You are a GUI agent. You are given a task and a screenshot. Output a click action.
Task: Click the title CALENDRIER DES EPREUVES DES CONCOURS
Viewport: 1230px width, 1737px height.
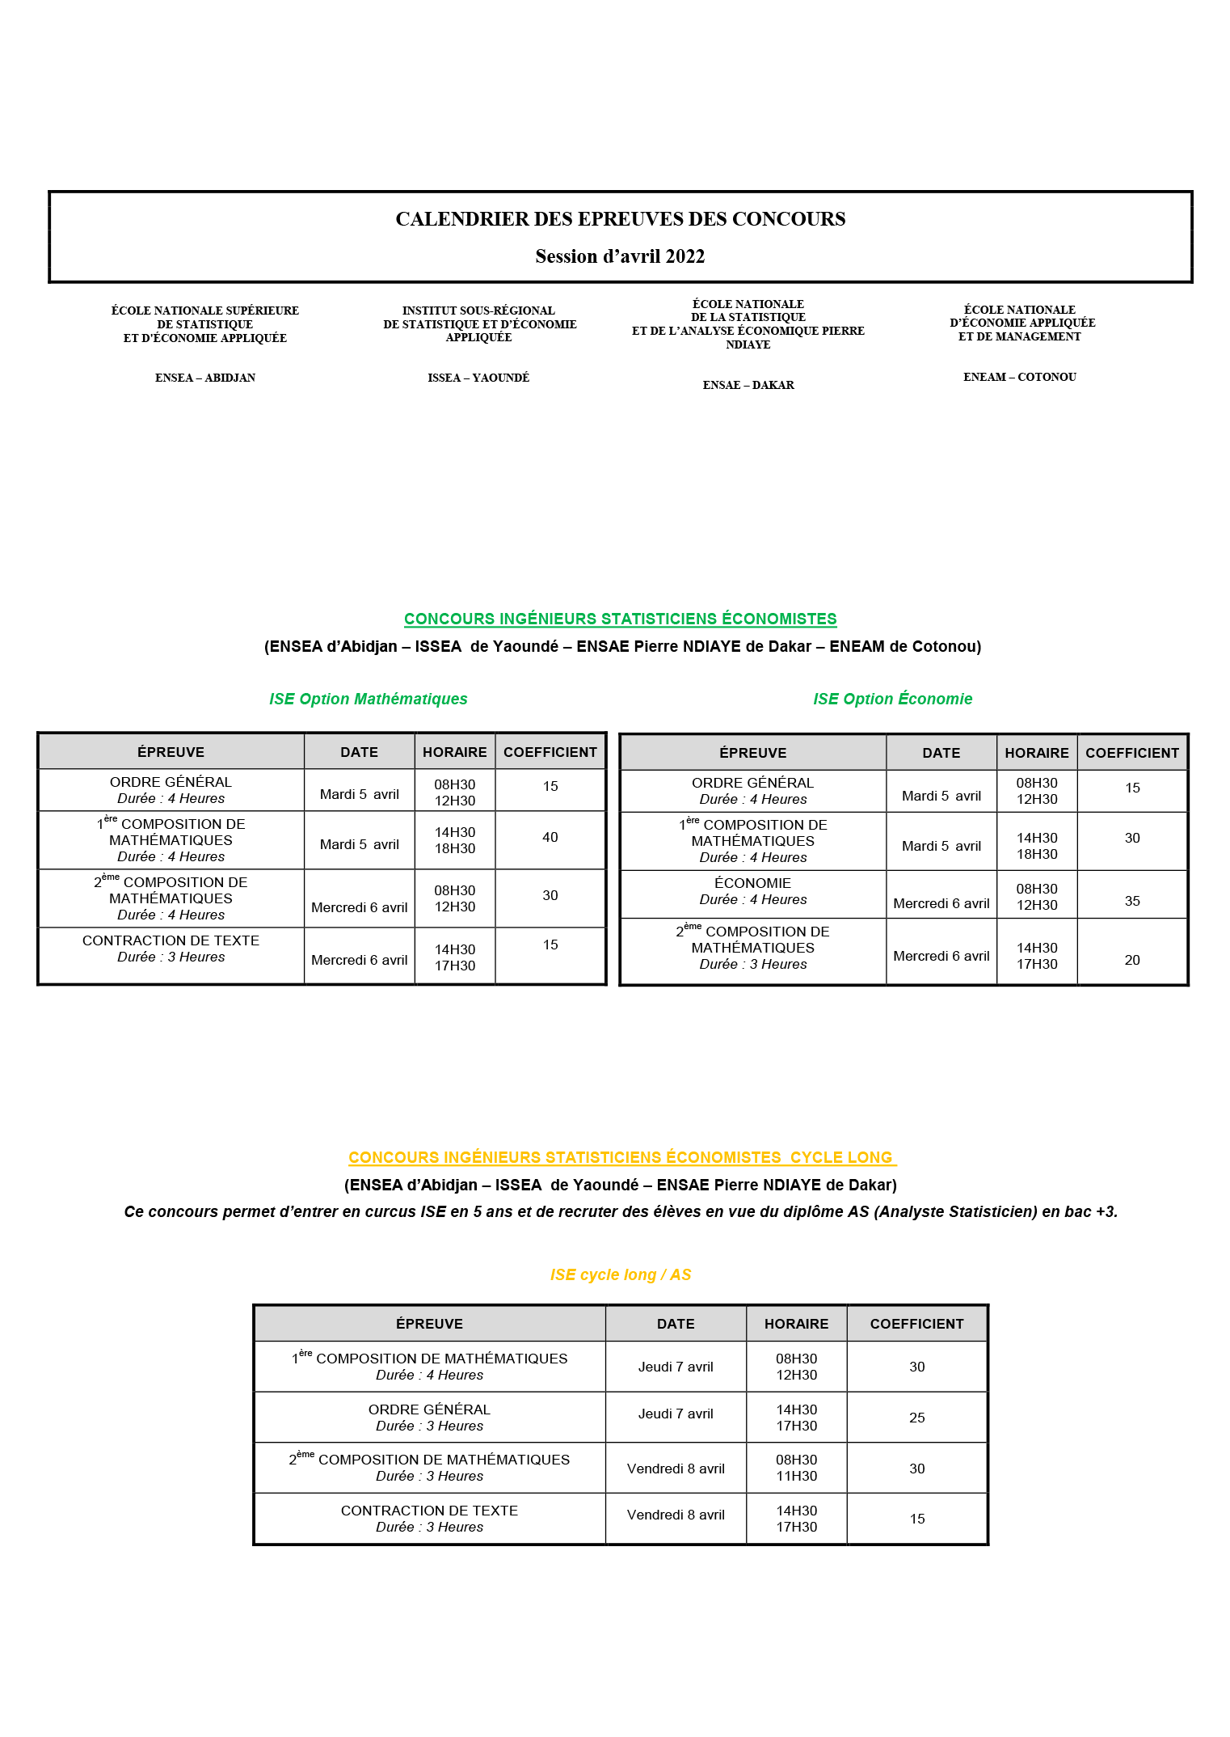620,219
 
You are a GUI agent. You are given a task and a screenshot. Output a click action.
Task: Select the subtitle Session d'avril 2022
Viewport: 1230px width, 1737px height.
620,256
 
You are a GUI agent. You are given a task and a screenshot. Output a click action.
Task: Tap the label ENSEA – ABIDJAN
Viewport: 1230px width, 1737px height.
205,378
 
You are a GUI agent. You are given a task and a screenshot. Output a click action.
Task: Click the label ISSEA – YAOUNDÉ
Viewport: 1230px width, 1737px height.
478,378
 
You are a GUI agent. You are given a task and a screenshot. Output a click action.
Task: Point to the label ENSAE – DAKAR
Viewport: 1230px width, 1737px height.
748,385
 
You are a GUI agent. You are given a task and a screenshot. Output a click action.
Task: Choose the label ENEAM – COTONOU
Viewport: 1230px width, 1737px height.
1020,377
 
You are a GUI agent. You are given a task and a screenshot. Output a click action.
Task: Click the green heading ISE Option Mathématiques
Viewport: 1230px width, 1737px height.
368,699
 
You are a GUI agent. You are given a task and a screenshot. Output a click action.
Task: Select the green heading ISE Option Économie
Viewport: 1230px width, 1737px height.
892,699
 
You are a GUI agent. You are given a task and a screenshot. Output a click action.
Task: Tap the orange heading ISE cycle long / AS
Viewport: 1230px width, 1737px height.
620,1274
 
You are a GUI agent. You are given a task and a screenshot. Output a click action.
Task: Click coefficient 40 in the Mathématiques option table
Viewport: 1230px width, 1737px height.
550,838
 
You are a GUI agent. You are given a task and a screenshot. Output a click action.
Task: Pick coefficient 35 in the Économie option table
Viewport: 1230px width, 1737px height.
1132,901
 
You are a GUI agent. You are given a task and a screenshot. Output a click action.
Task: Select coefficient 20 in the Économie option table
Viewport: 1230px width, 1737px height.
1132,960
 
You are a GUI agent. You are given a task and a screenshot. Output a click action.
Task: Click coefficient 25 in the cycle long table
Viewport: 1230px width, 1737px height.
916,1418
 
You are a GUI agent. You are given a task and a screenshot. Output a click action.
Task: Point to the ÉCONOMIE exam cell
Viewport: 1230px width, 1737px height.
752,891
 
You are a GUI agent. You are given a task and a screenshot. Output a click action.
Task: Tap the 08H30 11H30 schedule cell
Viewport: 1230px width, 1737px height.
796,1468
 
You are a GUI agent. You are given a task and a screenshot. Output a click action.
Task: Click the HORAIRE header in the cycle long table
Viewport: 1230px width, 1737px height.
796,1324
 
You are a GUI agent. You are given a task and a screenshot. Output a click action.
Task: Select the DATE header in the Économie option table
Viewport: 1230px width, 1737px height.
941,753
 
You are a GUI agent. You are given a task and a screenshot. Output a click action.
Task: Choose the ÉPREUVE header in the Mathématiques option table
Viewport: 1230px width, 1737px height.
171,752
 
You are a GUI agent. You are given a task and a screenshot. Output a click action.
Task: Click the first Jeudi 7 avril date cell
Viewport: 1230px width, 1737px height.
676,1367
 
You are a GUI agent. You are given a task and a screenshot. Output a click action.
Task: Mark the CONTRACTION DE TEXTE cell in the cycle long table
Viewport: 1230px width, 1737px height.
429,1518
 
